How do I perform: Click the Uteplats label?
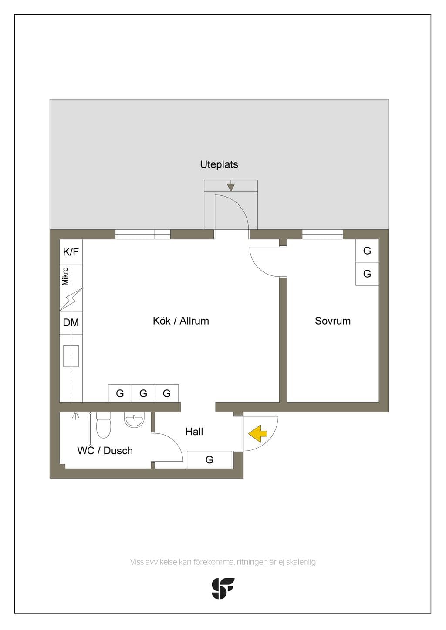[219, 164]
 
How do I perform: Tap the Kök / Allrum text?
[181, 321]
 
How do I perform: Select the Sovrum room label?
[332, 321]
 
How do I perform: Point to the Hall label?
[194, 432]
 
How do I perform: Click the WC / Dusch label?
[105, 451]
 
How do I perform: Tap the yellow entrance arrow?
[258, 433]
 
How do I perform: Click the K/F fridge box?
[71, 252]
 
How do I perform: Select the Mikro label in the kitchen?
[65, 276]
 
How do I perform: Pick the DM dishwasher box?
[71, 322]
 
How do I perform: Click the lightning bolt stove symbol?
[71, 299]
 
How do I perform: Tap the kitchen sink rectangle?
[71, 356]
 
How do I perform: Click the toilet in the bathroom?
[104, 425]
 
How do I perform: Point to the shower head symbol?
[75, 416]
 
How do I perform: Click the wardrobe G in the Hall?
[209, 459]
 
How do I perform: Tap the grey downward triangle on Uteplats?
[231, 188]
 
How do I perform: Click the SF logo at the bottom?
[223, 588]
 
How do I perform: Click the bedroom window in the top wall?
[322, 234]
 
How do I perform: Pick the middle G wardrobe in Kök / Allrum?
[143, 393]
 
